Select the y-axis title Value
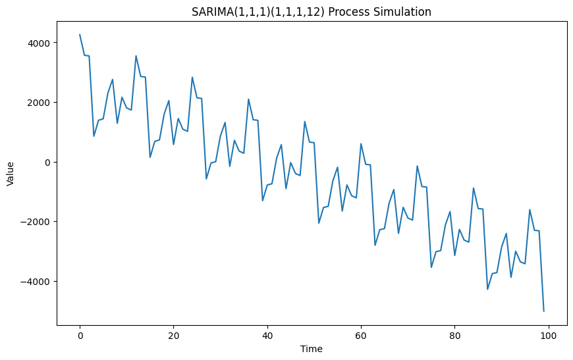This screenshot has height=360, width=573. [x=11, y=174]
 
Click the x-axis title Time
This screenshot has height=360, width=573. [x=312, y=348]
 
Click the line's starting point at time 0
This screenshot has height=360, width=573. [x=80, y=35]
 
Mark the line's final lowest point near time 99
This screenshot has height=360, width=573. [x=544, y=311]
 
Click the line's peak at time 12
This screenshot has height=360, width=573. [x=136, y=56]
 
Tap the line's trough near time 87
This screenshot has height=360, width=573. [x=487, y=289]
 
